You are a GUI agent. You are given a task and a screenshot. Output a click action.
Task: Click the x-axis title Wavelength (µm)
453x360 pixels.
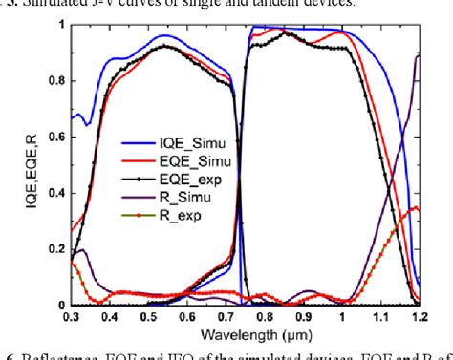(x=246, y=334)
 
